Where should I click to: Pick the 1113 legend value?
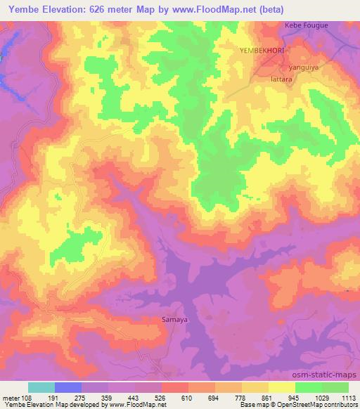tap(349, 398)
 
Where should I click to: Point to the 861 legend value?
tap(269, 398)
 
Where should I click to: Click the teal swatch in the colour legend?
tap(41, 387)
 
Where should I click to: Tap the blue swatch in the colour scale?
tap(68, 387)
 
